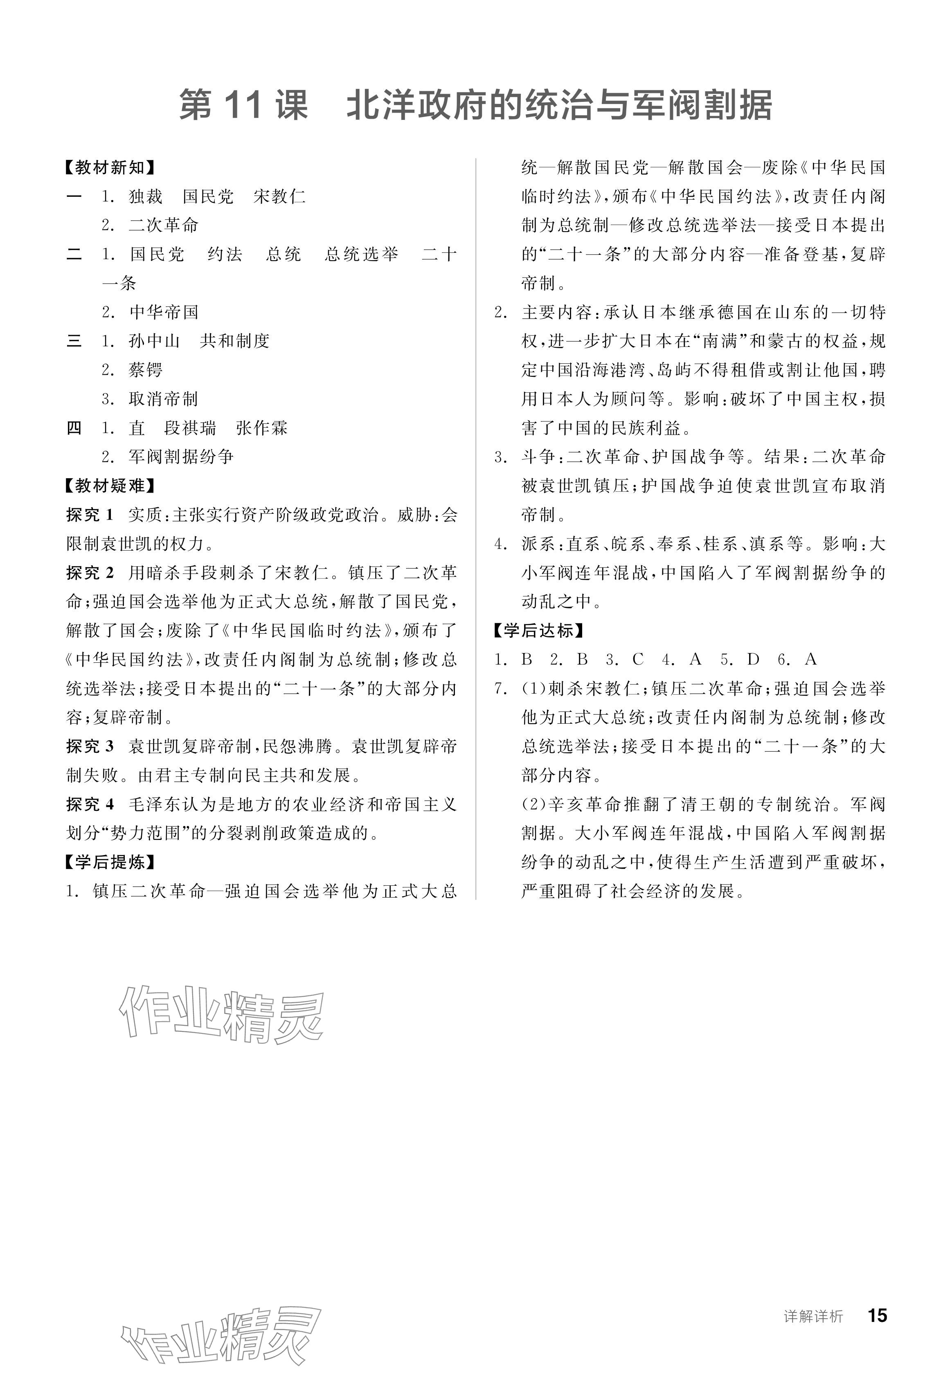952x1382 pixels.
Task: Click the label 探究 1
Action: (x=90, y=515)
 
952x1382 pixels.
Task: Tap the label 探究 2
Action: (x=90, y=573)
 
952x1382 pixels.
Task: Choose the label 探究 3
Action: (x=90, y=746)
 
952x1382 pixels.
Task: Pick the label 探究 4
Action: (x=90, y=804)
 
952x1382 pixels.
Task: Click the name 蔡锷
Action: (x=146, y=370)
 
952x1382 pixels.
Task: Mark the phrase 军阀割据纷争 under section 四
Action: (x=181, y=457)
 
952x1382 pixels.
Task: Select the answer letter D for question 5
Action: (x=753, y=659)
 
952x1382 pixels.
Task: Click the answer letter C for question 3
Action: (x=638, y=659)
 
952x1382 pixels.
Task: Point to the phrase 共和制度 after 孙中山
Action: (x=234, y=341)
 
